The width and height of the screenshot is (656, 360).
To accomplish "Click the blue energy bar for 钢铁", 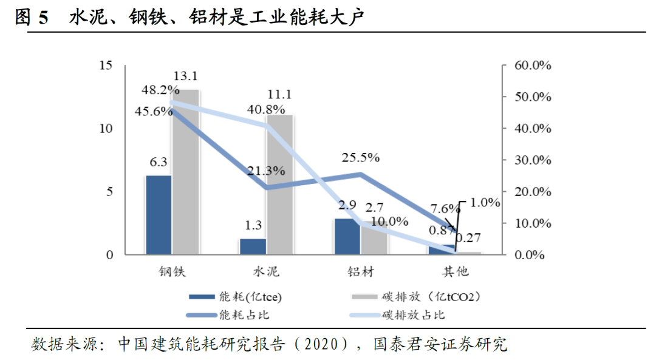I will click(x=159, y=215).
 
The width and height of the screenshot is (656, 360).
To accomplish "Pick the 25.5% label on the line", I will click(x=360, y=158).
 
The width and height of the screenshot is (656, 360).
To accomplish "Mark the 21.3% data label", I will click(x=265, y=171).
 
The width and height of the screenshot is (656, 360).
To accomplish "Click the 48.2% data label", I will click(x=160, y=90).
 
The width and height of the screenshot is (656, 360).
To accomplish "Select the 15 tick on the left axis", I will click(x=106, y=66).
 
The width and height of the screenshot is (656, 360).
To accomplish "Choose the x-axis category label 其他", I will click(x=455, y=271).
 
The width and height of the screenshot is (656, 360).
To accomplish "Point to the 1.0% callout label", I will click(x=485, y=202).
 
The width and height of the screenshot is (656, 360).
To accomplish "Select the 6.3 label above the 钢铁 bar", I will click(x=159, y=163).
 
